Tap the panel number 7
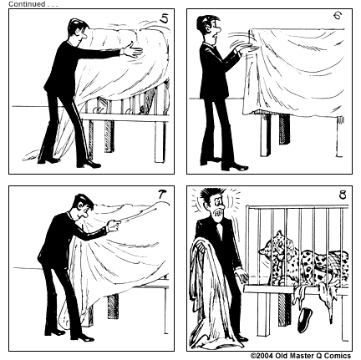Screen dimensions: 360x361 pyautogui.click(x=161, y=194)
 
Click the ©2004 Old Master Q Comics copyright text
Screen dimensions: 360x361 pyautogui.click(x=304, y=355)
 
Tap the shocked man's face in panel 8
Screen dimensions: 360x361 pyautogui.click(x=216, y=211)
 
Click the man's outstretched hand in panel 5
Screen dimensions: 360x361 pyautogui.click(x=130, y=52)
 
